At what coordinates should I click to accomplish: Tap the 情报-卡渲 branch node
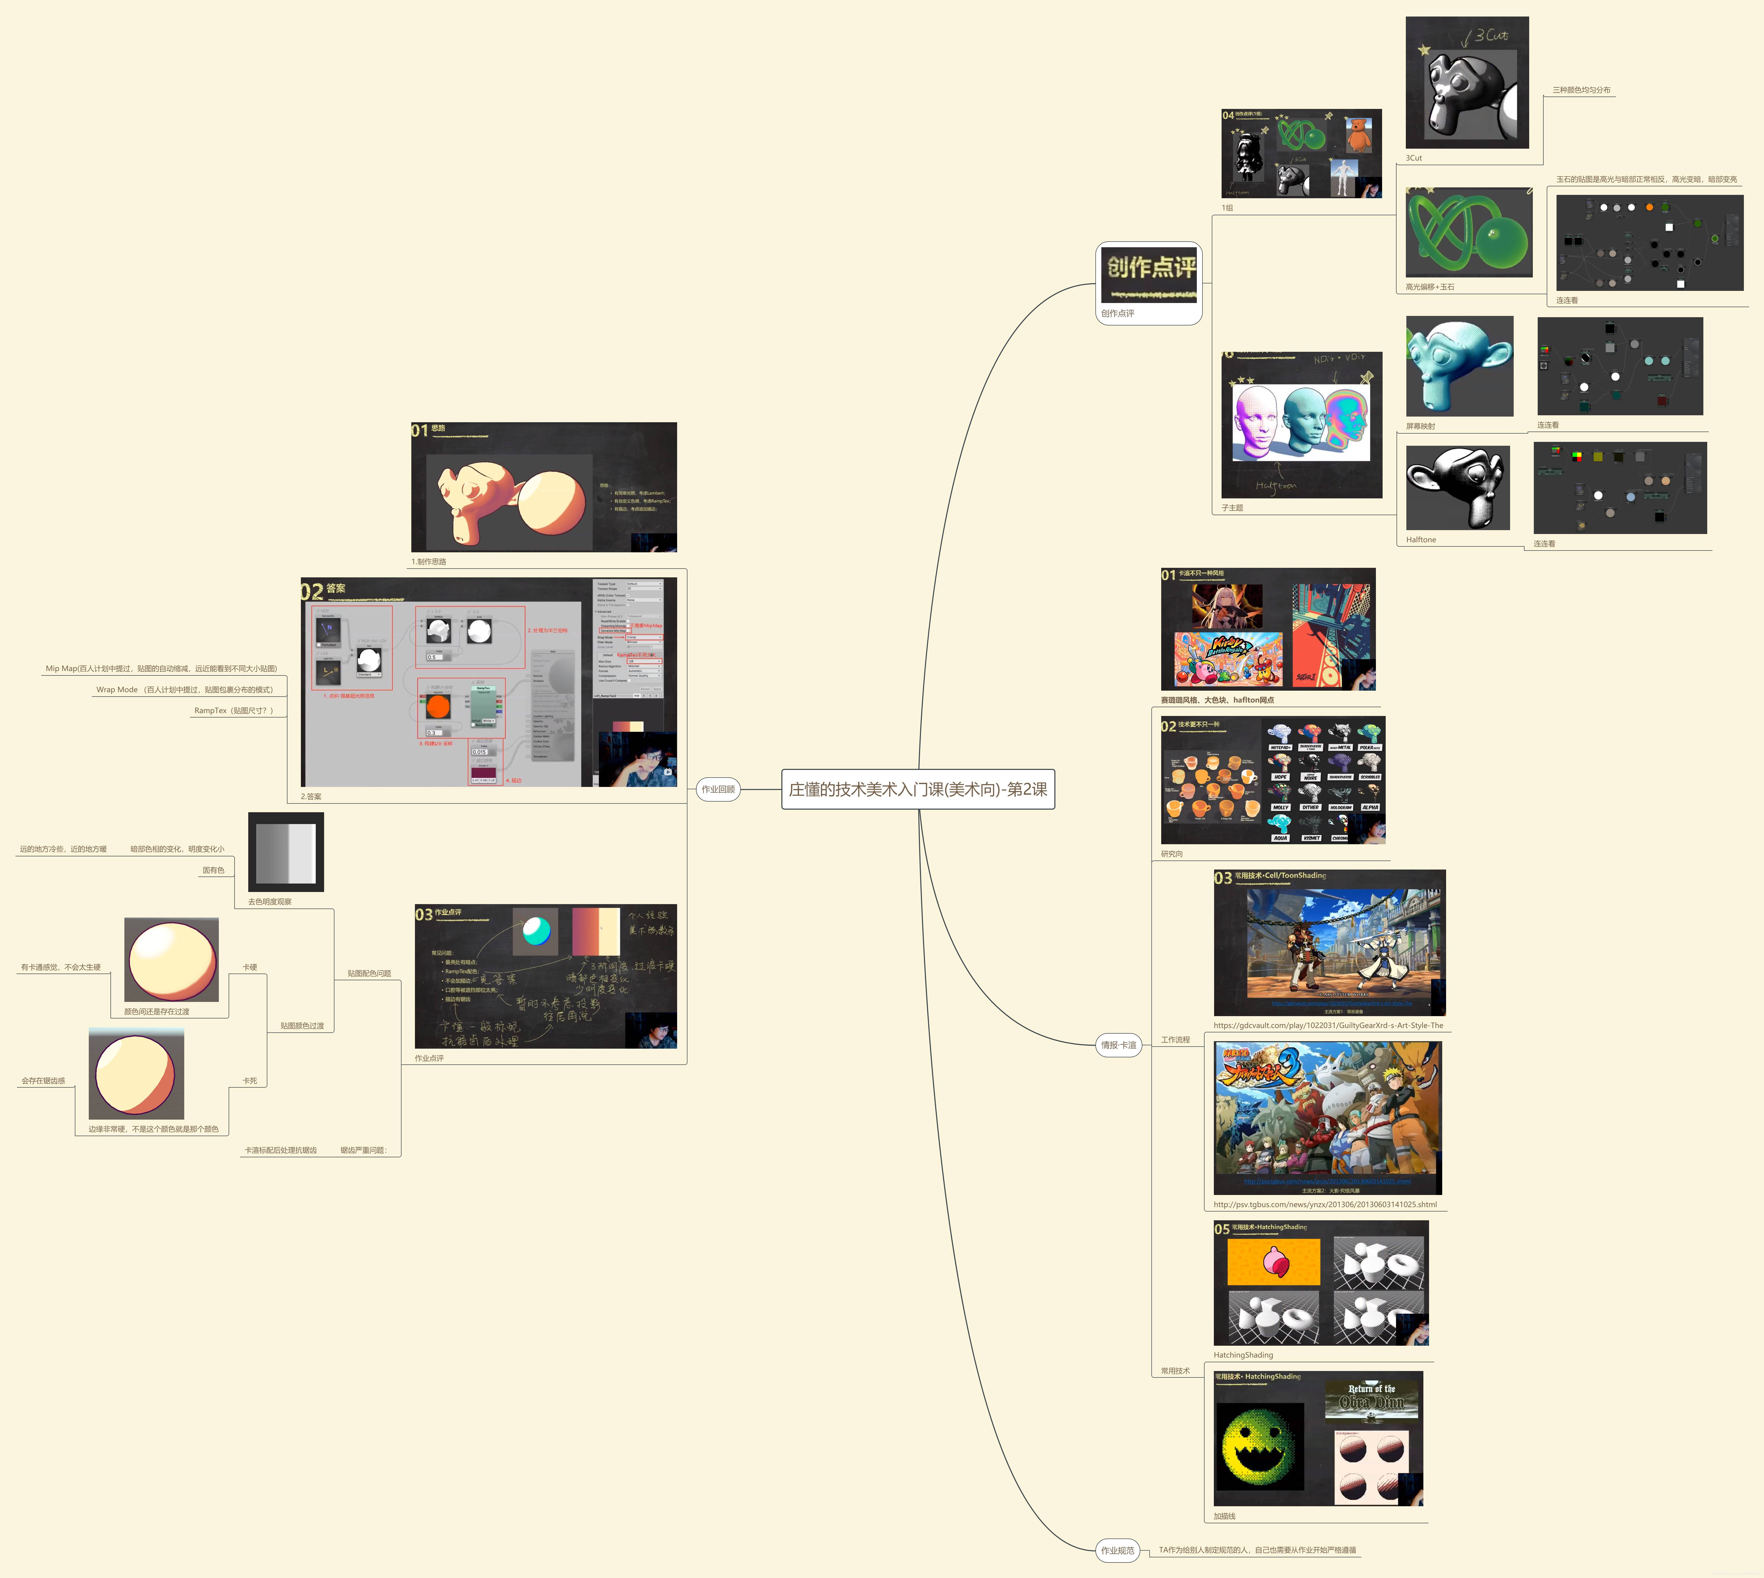coord(1118,1045)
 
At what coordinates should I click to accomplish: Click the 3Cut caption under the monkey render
coord(1414,158)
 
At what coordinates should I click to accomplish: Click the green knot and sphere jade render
coord(1469,232)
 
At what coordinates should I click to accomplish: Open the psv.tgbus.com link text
coord(1325,1204)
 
